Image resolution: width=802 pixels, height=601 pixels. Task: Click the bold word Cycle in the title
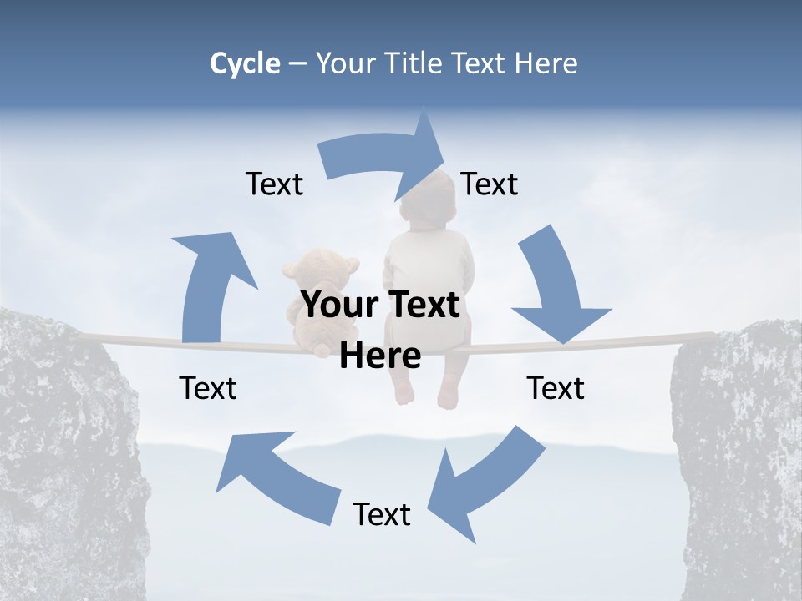pos(245,63)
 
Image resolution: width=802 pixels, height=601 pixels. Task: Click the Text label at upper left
pos(274,184)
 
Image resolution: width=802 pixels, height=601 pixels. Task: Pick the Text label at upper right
pos(490,184)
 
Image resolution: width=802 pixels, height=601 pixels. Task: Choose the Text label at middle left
pos(208,388)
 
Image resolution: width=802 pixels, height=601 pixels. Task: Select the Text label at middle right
pos(556,388)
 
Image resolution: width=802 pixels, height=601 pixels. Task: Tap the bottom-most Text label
pos(382,514)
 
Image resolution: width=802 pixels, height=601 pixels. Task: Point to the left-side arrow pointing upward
pos(209,284)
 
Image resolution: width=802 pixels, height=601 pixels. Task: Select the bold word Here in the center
pos(380,356)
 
